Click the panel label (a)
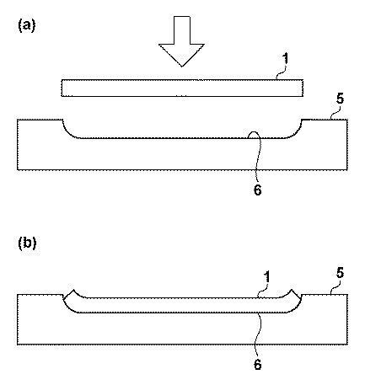pos(27,26)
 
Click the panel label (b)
pos(27,243)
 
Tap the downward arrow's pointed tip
pos(182,67)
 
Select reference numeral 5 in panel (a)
pos(340,99)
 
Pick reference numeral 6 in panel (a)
pos(257,190)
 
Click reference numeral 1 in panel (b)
pos(266,276)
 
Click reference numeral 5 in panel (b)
pos(340,274)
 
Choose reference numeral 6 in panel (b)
pos(257,365)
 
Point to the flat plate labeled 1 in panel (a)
pos(182,88)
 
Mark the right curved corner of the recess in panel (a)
pos(296,132)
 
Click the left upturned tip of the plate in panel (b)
pos(73,290)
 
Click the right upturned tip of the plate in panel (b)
pos(292,290)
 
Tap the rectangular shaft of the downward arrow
pos(182,30)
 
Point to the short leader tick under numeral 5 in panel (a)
pos(334,115)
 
